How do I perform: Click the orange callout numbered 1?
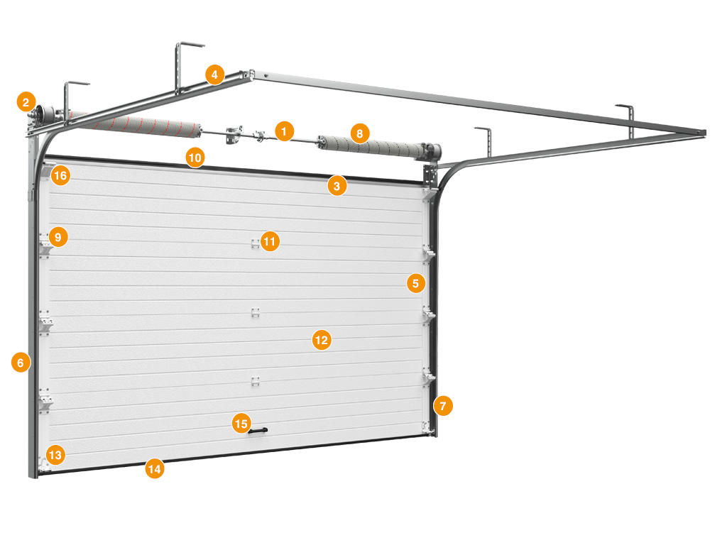284,131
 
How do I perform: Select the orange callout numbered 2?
26,101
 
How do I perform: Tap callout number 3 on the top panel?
337,186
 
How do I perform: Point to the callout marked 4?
214,74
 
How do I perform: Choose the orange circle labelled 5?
416,283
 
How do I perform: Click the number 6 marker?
21,362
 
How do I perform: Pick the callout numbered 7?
443,406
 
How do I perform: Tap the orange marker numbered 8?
360,133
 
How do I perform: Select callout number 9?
58,237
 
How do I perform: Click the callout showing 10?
195,158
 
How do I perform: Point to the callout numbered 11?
270,241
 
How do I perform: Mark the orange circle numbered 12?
322,340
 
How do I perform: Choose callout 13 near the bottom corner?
55,455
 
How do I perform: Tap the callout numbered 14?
154,468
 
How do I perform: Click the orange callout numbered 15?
241,423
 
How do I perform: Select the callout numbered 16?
60,176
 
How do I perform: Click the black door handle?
258,431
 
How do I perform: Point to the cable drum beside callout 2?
45,113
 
